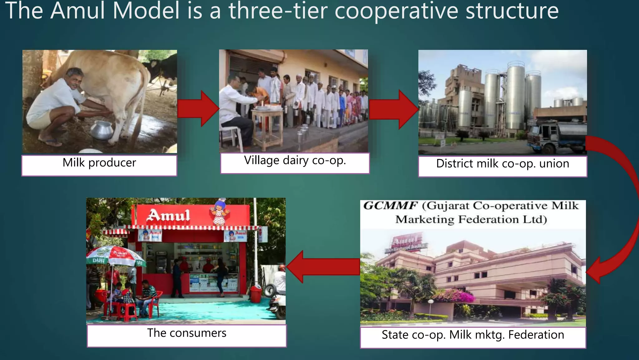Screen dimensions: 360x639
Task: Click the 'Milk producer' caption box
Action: point(99,165)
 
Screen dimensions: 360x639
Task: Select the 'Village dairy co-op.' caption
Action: point(295,162)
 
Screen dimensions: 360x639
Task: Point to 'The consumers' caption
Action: point(187,335)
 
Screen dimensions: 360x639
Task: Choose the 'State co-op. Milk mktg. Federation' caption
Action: point(473,337)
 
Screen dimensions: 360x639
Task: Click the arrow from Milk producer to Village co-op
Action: point(198,109)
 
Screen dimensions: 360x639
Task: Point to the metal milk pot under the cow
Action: point(101,130)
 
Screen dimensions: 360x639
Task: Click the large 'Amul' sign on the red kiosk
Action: point(169,215)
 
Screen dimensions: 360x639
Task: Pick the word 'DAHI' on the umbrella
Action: point(98,260)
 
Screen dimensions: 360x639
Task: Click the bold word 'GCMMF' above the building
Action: point(390,206)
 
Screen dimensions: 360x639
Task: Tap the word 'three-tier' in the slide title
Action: point(278,11)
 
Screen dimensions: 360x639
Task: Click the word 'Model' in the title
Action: point(146,11)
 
